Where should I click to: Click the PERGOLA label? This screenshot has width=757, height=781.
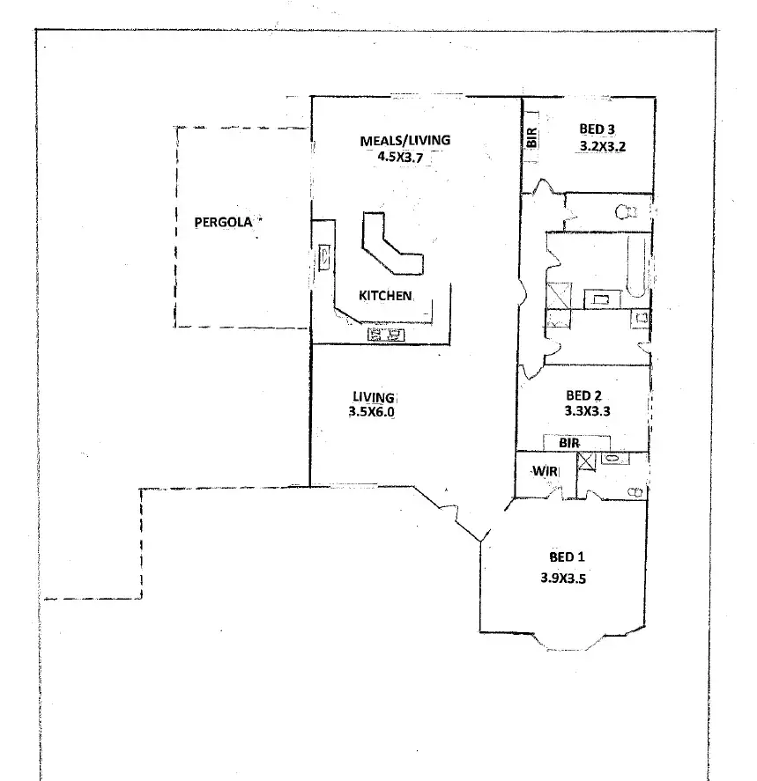point(223,222)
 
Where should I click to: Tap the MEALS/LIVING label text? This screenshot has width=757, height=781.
point(404,140)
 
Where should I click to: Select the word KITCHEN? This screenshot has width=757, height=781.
point(385,296)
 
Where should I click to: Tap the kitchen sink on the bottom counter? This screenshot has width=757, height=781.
point(385,335)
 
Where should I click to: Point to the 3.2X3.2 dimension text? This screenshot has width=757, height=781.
point(603,147)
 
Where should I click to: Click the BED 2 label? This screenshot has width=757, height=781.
point(583,395)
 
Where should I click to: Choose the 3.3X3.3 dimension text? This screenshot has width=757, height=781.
point(586,411)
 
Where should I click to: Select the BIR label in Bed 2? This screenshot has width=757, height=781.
point(569,443)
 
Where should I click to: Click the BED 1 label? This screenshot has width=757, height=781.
point(567,557)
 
